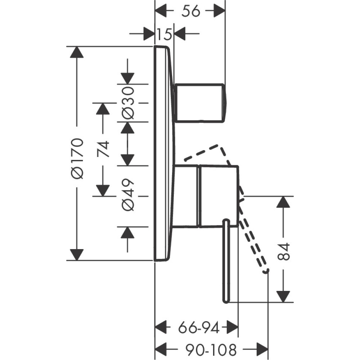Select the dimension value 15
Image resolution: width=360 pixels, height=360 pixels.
tap(164, 35)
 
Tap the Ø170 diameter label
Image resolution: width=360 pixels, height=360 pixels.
tap(77, 158)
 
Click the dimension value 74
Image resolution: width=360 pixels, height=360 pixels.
tap(103, 149)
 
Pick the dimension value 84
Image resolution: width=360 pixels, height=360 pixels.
tap(284, 252)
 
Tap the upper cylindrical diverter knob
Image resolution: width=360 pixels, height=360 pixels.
tap(199, 103)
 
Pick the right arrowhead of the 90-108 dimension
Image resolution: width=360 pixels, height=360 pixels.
tap(262, 349)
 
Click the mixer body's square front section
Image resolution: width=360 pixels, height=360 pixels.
tap(218, 196)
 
